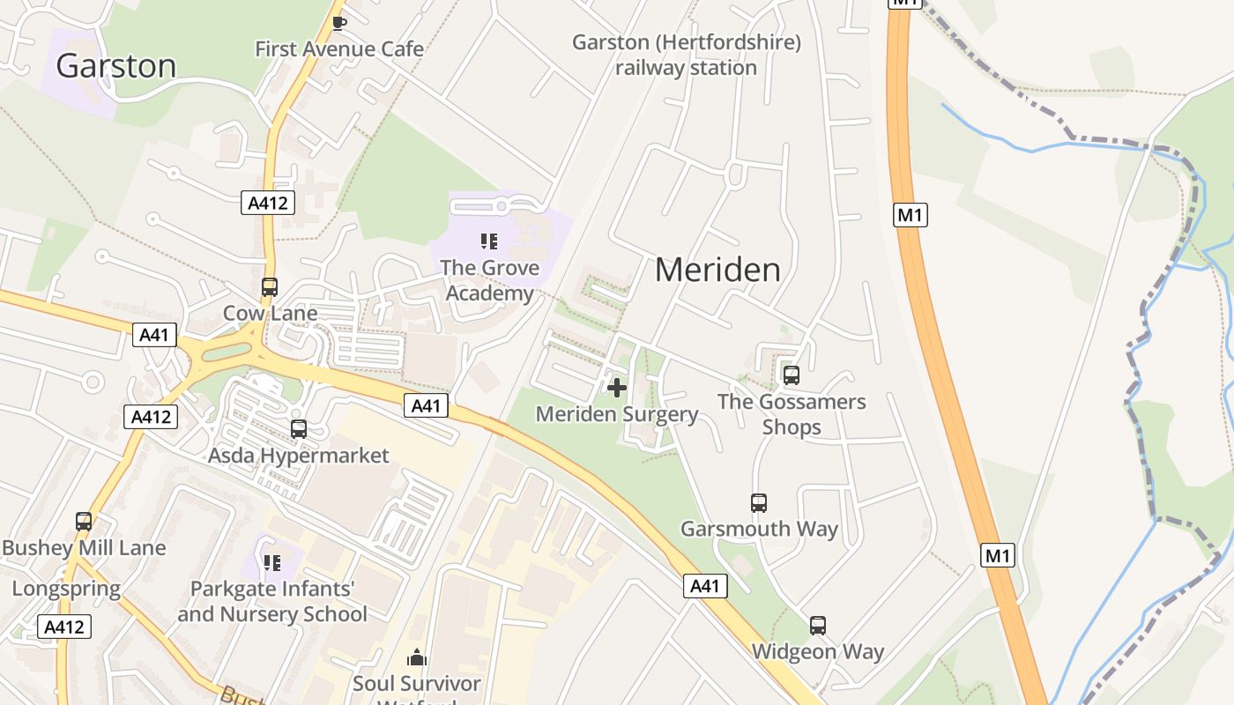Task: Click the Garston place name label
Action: coord(115,66)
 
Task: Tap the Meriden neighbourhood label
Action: coord(717,270)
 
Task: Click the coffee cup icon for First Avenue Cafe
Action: coord(338,23)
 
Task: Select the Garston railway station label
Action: coord(686,55)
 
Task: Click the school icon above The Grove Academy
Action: coord(489,241)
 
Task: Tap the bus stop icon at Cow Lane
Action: coord(270,287)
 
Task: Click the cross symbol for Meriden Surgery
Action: coord(617,387)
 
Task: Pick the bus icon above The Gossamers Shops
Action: coord(792,375)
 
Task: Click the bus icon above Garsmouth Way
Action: coord(759,503)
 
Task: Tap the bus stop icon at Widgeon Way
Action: coord(818,626)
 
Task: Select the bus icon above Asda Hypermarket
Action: coord(299,429)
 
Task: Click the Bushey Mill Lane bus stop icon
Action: coord(84,522)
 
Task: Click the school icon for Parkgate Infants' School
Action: coord(272,562)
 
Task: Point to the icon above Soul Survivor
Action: coord(417,657)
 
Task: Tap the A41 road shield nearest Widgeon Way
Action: coord(705,586)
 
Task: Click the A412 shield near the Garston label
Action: coord(267,204)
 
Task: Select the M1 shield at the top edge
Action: coord(904,3)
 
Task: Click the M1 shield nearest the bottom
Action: coord(998,555)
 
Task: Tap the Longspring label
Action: coord(66,589)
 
